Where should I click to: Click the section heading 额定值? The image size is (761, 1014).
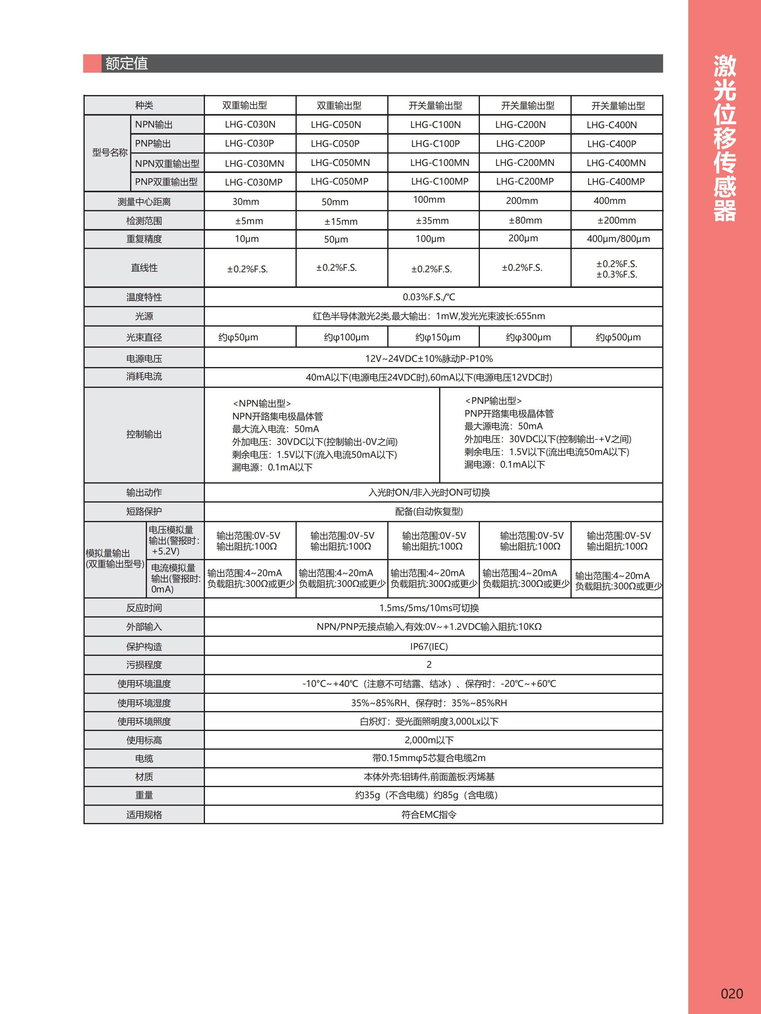[x=127, y=63]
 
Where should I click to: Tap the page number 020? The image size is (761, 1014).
[x=731, y=993]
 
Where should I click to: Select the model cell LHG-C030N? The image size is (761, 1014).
[x=250, y=125]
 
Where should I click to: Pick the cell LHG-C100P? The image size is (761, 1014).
[x=435, y=144]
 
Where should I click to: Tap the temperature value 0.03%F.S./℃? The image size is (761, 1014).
[x=428, y=297]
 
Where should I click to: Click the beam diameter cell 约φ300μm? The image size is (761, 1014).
[x=528, y=337]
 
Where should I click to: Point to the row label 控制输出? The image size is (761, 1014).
[x=144, y=434]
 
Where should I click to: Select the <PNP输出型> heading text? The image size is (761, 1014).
[x=493, y=401]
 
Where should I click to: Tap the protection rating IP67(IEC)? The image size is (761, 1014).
[x=428, y=646]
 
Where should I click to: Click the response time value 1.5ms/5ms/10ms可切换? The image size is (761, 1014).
[x=428, y=608]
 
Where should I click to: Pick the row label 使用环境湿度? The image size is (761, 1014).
[x=144, y=703]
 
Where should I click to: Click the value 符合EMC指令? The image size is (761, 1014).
[x=428, y=815]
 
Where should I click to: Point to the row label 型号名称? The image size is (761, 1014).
[x=110, y=153]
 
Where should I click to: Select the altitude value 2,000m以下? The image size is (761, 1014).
[x=428, y=740]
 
